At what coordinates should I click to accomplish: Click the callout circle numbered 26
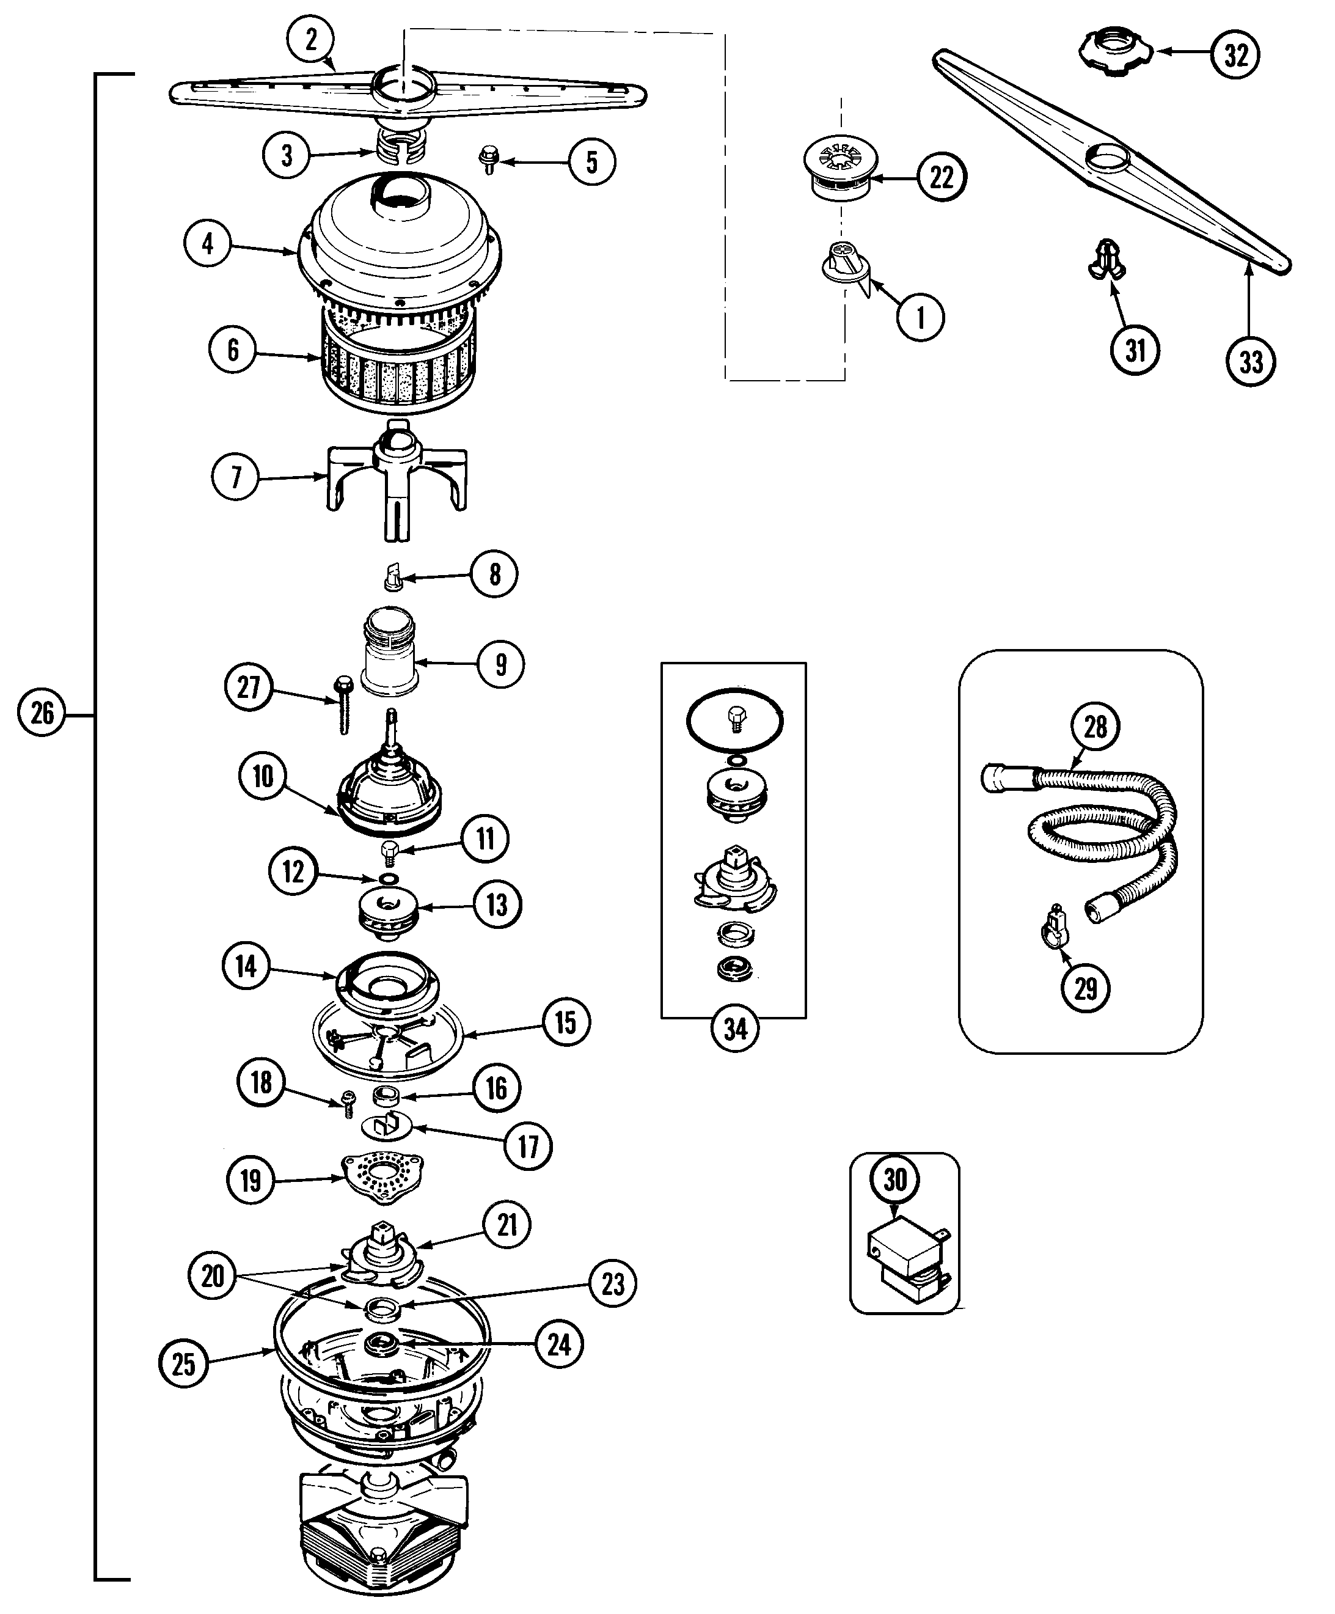(42, 713)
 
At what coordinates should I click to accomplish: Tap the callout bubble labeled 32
(1235, 54)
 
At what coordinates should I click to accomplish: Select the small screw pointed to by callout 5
(488, 159)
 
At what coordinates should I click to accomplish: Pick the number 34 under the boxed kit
(735, 1029)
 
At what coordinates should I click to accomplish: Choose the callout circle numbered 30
(895, 1179)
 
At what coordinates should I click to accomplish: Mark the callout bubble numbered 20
(212, 1276)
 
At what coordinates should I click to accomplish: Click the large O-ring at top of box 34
(734, 720)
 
